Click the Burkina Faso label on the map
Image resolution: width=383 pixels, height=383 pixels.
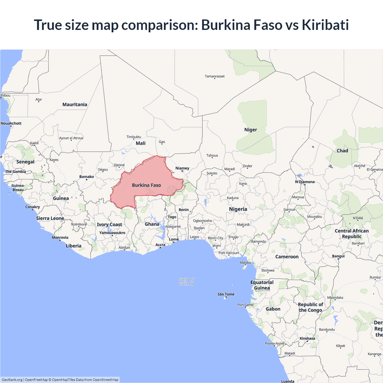tap(146, 185)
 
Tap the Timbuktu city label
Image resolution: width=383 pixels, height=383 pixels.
tap(134, 137)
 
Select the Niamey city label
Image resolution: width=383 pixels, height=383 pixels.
tap(182, 168)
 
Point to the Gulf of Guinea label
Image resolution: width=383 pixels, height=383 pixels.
tap(186, 281)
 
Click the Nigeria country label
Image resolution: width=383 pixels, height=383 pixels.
tap(238, 209)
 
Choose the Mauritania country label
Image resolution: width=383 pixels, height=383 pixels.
tap(75, 104)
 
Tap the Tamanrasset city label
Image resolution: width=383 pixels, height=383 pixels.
tap(215, 76)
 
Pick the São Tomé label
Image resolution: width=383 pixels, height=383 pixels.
tap(226, 294)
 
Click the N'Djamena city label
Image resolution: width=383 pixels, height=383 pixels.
tap(305, 182)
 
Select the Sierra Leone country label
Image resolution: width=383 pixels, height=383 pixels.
tap(50, 218)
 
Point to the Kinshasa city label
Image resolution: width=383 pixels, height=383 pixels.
tap(307, 338)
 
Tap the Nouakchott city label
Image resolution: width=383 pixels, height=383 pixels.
tap(11, 123)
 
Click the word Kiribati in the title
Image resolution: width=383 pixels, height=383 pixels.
tap(325, 25)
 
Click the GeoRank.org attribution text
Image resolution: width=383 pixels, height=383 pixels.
tap(12, 380)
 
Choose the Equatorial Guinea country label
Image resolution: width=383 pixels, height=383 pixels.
tap(262, 285)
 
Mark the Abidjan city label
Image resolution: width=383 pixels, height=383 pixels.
tap(124, 247)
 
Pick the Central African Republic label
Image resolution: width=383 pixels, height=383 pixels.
tap(352, 234)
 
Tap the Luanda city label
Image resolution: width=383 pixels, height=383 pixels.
tap(288, 381)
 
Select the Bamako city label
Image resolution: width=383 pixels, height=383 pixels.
tap(86, 177)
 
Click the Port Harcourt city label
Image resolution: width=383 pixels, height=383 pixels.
tap(229, 253)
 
